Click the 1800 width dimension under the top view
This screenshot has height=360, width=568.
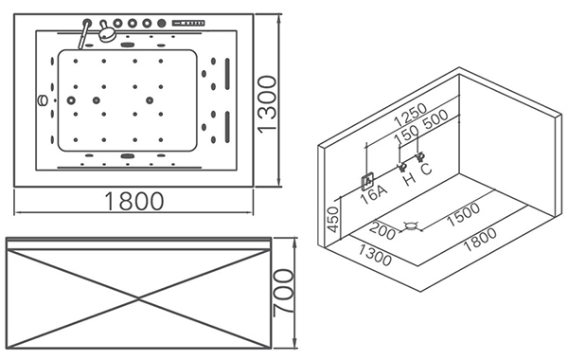[x=134, y=202]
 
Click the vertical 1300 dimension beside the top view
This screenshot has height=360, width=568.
[x=268, y=104]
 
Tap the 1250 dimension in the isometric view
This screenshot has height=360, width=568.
[x=411, y=114]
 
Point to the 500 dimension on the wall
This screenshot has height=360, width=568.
[x=435, y=120]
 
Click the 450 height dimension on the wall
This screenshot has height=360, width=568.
[x=333, y=220]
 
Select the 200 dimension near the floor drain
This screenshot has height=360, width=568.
[x=382, y=230]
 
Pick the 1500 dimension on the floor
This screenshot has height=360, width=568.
[x=463, y=214]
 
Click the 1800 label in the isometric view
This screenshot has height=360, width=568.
[x=480, y=240]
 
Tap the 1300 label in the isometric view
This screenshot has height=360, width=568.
[x=375, y=255]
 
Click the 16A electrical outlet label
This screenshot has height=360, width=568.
[x=374, y=194]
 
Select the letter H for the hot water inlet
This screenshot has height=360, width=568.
[x=409, y=179]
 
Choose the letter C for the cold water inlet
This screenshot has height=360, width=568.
[x=426, y=169]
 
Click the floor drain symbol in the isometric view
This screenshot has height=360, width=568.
[x=410, y=227]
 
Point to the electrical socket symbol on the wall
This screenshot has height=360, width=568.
[x=367, y=181]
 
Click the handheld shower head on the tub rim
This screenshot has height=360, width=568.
[x=107, y=33]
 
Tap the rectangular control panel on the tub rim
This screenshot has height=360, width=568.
[x=188, y=23]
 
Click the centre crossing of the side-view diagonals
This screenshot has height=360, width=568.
[x=139, y=298]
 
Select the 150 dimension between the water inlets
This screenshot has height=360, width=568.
[x=406, y=135]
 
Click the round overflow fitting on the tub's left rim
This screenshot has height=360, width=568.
[x=43, y=100]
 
